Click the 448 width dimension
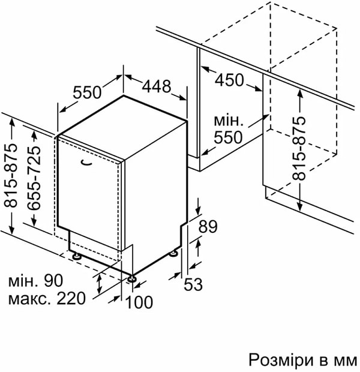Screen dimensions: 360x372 [x=157, y=86]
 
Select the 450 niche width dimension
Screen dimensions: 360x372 [x=229, y=80]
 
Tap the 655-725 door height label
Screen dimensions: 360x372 [x=34, y=178]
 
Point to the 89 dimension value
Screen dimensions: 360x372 [x=208, y=226]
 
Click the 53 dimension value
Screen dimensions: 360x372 [x=193, y=284]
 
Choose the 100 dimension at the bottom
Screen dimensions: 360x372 [x=139, y=302]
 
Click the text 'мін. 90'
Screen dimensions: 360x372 [x=35, y=280]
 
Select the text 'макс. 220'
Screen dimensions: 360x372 [x=47, y=298]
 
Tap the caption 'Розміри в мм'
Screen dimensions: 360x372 [x=302, y=360]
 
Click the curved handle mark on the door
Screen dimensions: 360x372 [x=86, y=163]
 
